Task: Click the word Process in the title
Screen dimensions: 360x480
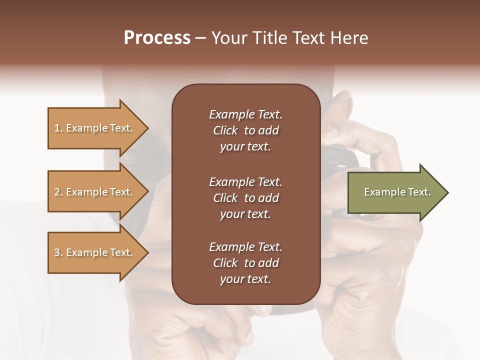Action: pyautogui.click(x=157, y=38)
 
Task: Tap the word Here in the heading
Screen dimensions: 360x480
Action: pyautogui.click(x=348, y=38)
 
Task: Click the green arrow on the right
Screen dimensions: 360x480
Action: pyautogui.click(x=395, y=192)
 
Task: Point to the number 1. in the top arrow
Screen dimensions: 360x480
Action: pyautogui.click(x=58, y=128)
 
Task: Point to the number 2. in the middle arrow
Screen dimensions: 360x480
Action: pyautogui.click(x=58, y=192)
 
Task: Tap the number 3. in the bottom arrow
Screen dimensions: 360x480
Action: pyautogui.click(x=58, y=252)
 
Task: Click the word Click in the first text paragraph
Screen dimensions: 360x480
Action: pyautogui.click(x=225, y=130)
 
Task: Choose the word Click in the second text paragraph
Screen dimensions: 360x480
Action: pyautogui.click(x=225, y=198)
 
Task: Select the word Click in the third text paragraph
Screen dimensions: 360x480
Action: pyautogui.click(x=225, y=263)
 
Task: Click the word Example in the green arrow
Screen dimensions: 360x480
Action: pyautogui.click(x=381, y=192)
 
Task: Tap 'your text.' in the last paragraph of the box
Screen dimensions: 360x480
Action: pyautogui.click(x=245, y=279)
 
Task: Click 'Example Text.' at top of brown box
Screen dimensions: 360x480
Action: pyautogui.click(x=245, y=114)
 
